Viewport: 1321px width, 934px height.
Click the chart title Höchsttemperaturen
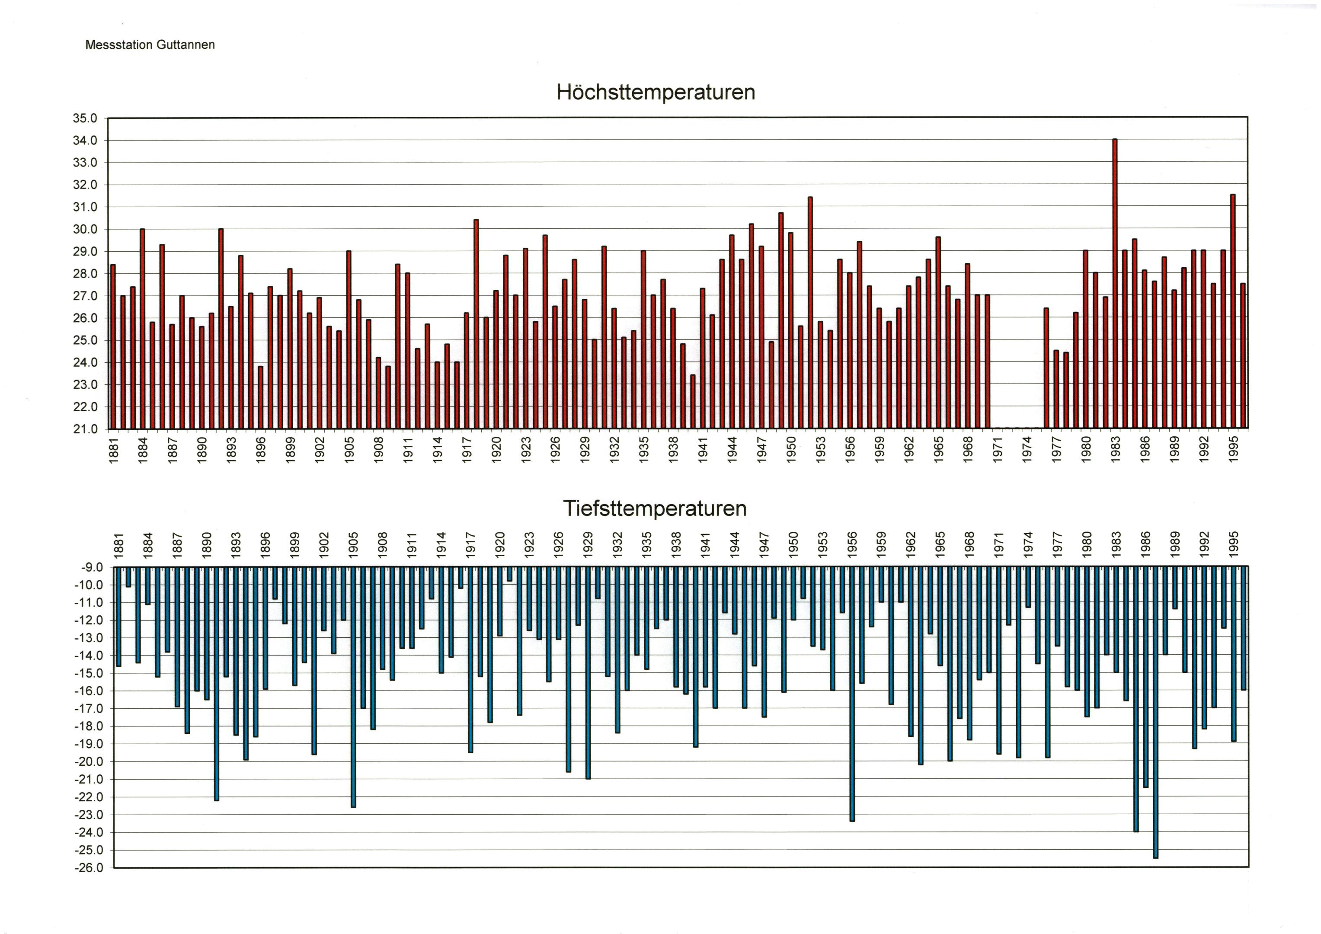(656, 93)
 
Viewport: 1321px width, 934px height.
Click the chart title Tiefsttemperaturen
(654, 509)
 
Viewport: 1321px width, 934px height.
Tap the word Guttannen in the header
(185, 45)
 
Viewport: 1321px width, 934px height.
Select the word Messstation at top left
(118, 45)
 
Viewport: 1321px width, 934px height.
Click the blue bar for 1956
(852, 694)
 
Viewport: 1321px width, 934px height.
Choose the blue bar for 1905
(353, 687)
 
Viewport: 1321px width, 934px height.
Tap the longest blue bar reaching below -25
(1155, 712)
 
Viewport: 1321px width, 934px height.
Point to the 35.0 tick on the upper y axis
(85, 118)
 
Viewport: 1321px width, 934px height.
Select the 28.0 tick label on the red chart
(85, 274)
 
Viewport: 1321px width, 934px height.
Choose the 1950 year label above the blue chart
(793, 544)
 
